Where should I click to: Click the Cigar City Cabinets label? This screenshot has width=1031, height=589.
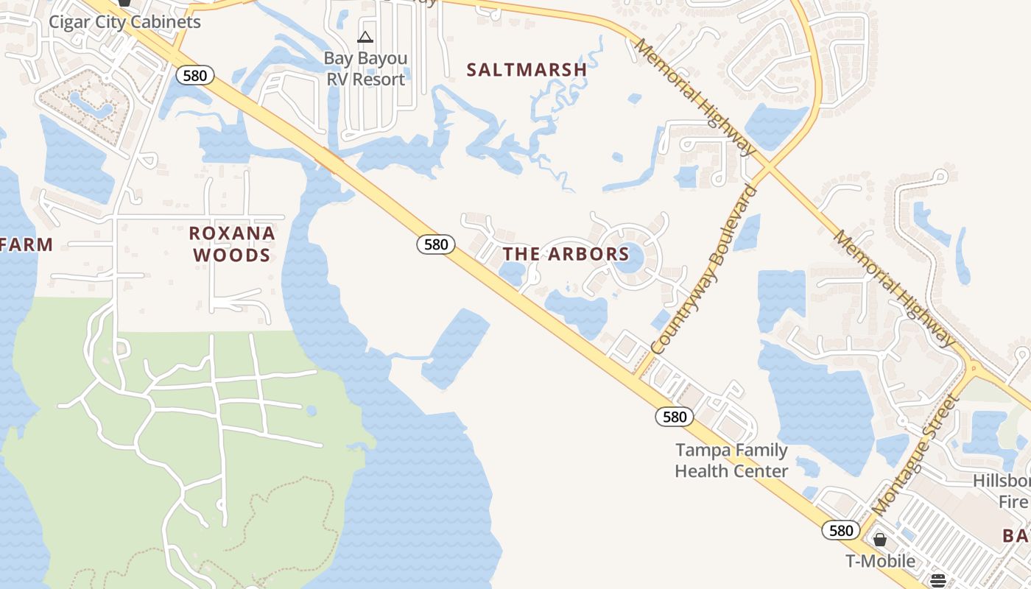point(124,22)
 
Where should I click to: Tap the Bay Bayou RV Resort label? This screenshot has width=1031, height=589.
point(365,68)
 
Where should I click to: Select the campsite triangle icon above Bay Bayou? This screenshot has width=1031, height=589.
point(365,37)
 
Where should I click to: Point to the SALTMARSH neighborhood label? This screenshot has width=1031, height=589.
point(527,70)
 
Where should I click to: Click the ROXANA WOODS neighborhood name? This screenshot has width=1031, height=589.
point(231,244)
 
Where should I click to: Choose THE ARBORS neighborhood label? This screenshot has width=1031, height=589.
point(566,255)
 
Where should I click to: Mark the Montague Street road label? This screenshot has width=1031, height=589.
point(915,456)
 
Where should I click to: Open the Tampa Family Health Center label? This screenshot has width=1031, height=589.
point(731,460)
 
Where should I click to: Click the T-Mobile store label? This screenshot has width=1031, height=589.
point(880,561)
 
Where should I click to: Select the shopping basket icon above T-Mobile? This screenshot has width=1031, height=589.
point(879,540)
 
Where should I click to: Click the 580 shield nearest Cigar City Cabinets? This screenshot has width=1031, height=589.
point(195,75)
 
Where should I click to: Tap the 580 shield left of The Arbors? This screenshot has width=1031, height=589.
point(436,244)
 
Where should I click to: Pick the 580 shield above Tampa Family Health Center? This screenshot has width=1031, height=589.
point(674,417)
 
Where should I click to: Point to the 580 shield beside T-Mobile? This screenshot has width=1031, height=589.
point(840,531)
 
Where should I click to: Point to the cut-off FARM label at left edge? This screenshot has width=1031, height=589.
point(26,245)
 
